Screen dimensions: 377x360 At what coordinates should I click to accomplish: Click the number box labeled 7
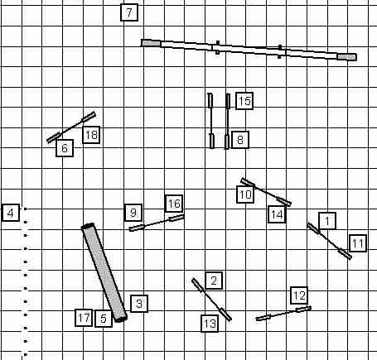point(129,12)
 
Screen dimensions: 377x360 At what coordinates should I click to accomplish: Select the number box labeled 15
point(244,101)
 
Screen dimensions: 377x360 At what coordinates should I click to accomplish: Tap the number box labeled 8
point(240,140)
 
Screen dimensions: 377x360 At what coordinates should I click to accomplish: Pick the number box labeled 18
point(91,135)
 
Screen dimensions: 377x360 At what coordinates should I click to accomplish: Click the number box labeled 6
point(65,148)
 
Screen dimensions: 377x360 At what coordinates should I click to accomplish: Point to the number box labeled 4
point(11,213)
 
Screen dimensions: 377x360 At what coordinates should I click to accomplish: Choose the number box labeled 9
point(133,213)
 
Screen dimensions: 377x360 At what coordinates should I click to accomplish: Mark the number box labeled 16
point(174,204)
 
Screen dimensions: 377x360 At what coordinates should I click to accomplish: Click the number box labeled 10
point(245,194)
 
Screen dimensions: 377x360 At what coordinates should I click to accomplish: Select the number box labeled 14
point(277,214)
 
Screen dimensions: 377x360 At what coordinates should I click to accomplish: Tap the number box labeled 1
point(327,221)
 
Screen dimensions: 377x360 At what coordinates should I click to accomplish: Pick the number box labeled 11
point(358,243)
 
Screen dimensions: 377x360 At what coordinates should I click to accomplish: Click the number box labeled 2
point(214,281)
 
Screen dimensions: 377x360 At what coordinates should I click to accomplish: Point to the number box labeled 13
point(210,323)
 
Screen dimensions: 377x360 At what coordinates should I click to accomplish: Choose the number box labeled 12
point(299,295)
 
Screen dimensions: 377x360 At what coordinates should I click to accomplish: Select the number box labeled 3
point(139,304)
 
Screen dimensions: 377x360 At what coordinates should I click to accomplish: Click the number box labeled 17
point(84,318)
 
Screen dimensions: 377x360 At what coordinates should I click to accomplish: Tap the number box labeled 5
point(104,319)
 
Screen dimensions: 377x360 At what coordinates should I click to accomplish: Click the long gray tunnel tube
point(104,272)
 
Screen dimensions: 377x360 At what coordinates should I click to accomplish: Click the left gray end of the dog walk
point(151,43)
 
